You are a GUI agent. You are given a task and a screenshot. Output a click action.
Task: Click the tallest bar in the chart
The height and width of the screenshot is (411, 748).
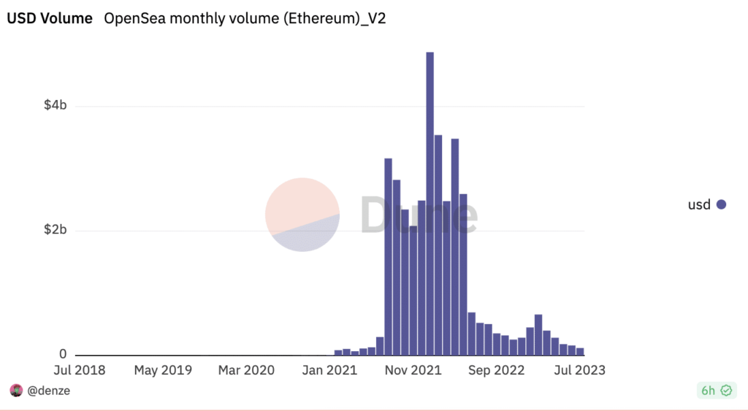pos(430,204)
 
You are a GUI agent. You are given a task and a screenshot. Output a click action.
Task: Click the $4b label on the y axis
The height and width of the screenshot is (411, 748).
pos(55,106)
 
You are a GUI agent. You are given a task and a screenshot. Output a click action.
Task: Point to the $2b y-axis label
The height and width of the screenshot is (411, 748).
pos(55,231)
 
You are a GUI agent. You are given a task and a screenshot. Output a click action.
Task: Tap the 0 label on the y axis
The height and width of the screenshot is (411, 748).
pos(63,355)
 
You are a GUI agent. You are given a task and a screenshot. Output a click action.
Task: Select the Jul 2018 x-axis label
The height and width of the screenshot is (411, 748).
pos(79,370)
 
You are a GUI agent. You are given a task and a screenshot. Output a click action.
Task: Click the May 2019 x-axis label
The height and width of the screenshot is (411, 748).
pos(162,370)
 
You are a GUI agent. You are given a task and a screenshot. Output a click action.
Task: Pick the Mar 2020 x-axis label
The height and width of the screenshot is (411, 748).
pos(246,370)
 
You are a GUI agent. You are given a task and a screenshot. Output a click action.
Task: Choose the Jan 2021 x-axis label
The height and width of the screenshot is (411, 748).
pos(330,370)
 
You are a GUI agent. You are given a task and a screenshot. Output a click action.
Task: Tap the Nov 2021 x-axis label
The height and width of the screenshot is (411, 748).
pos(414,370)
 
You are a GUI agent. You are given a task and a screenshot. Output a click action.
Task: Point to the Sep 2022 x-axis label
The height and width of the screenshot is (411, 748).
pos(497,370)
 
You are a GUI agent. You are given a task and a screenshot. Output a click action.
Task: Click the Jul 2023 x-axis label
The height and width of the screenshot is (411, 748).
pos(580,370)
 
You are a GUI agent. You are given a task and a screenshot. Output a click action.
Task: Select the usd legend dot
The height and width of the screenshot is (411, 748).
pos(721,205)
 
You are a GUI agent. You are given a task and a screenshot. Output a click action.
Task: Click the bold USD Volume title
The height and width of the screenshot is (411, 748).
pos(50,19)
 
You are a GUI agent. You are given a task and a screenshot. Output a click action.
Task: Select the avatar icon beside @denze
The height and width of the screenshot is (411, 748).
pos(16,391)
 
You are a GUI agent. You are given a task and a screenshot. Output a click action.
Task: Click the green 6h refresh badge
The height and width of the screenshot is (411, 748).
pos(716,391)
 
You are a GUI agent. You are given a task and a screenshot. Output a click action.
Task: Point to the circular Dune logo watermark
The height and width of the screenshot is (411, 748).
pos(302,215)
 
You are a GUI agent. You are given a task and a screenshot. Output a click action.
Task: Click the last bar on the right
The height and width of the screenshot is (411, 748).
pos(580,351)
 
